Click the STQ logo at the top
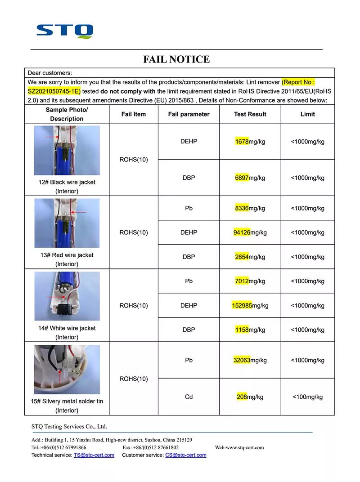(x=65, y=31)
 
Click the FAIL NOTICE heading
(x=176, y=59)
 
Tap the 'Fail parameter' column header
(x=189, y=114)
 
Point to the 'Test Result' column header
(x=250, y=114)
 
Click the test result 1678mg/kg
(x=250, y=142)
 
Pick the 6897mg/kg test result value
(x=250, y=178)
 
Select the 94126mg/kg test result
(x=250, y=232)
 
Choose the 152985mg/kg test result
(x=250, y=305)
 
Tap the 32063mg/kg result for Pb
(x=250, y=360)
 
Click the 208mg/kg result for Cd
(x=250, y=397)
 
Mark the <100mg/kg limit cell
(x=308, y=397)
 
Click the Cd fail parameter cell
(x=189, y=397)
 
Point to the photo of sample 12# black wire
(x=67, y=150)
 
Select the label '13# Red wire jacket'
(x=67, y=255)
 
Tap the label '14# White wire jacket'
(x=67, y=328)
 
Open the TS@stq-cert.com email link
(x=94, y=455)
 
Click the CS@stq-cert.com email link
(x=186, y=455)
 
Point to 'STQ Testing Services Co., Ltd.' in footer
(x=69, y=426)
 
